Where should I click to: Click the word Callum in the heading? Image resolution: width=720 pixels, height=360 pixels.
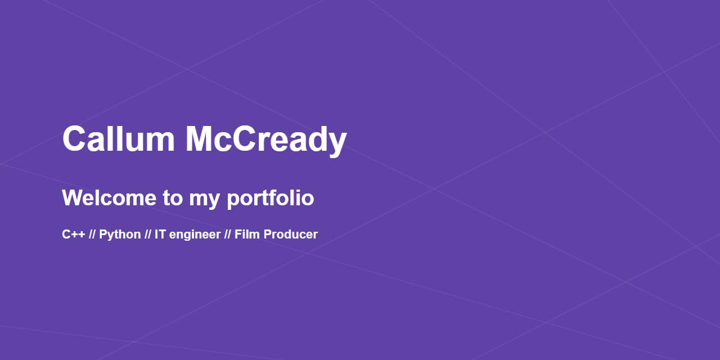tap(118, 139)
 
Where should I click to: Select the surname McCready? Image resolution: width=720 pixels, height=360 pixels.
tap(265, 139)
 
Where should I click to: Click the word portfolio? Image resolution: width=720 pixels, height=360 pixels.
tap(270, 198)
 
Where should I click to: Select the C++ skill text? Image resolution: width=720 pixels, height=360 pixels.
tap(73, 235)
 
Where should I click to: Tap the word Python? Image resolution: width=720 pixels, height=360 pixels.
tap(120, 235)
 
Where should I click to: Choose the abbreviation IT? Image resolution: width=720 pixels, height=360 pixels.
tap(160, 235)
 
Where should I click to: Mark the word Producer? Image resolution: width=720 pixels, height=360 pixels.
tap(290, 235)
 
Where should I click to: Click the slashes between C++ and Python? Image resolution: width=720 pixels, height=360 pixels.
tap(92, 235)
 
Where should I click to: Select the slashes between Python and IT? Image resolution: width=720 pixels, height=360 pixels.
tap(148, 235)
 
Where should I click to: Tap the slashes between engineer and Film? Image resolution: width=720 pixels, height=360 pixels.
tap(228, 235)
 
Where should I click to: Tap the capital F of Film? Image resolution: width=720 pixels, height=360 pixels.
tap(238, 235)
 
